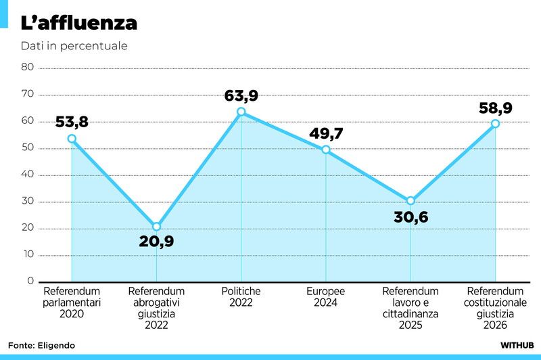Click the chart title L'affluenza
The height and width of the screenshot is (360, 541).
point(79,23)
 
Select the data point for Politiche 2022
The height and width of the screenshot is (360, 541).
point(241,112)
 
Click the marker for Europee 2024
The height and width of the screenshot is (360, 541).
point(326,150)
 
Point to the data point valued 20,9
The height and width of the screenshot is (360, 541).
point(156,227)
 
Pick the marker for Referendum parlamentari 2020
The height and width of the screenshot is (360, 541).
point(72,139)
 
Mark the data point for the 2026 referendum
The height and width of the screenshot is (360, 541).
point(495,124)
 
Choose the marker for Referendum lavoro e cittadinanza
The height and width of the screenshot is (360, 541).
point(410,201)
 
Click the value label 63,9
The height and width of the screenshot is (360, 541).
point(241,95)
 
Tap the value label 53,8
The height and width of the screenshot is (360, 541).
point(72,122)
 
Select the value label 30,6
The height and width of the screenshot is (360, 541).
point(411,218)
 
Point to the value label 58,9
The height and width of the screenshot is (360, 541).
point(495,108)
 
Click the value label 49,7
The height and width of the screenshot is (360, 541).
point(326,133)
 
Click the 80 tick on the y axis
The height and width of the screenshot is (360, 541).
point(28,67)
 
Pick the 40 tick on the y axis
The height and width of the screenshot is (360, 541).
point(28,175)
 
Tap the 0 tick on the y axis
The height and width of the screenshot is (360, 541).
point(30,281)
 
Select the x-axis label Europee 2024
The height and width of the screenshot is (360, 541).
point(325,296)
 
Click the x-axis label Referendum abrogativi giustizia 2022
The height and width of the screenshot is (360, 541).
point(156,308)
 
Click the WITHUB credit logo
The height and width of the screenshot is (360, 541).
point(517,345)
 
